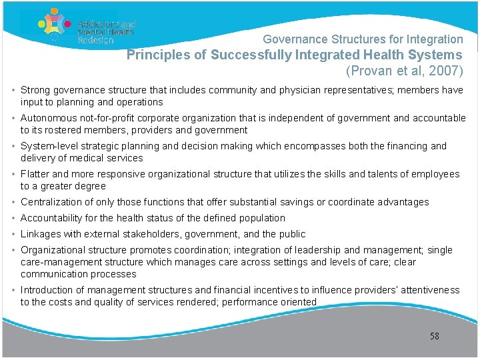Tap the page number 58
pos(435,336)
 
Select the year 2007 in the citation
pos(443,71)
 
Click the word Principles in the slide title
pos(157,55)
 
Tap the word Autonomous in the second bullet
pos(47,118)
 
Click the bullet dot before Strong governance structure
pos(15,90)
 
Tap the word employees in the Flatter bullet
pos(437,174)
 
